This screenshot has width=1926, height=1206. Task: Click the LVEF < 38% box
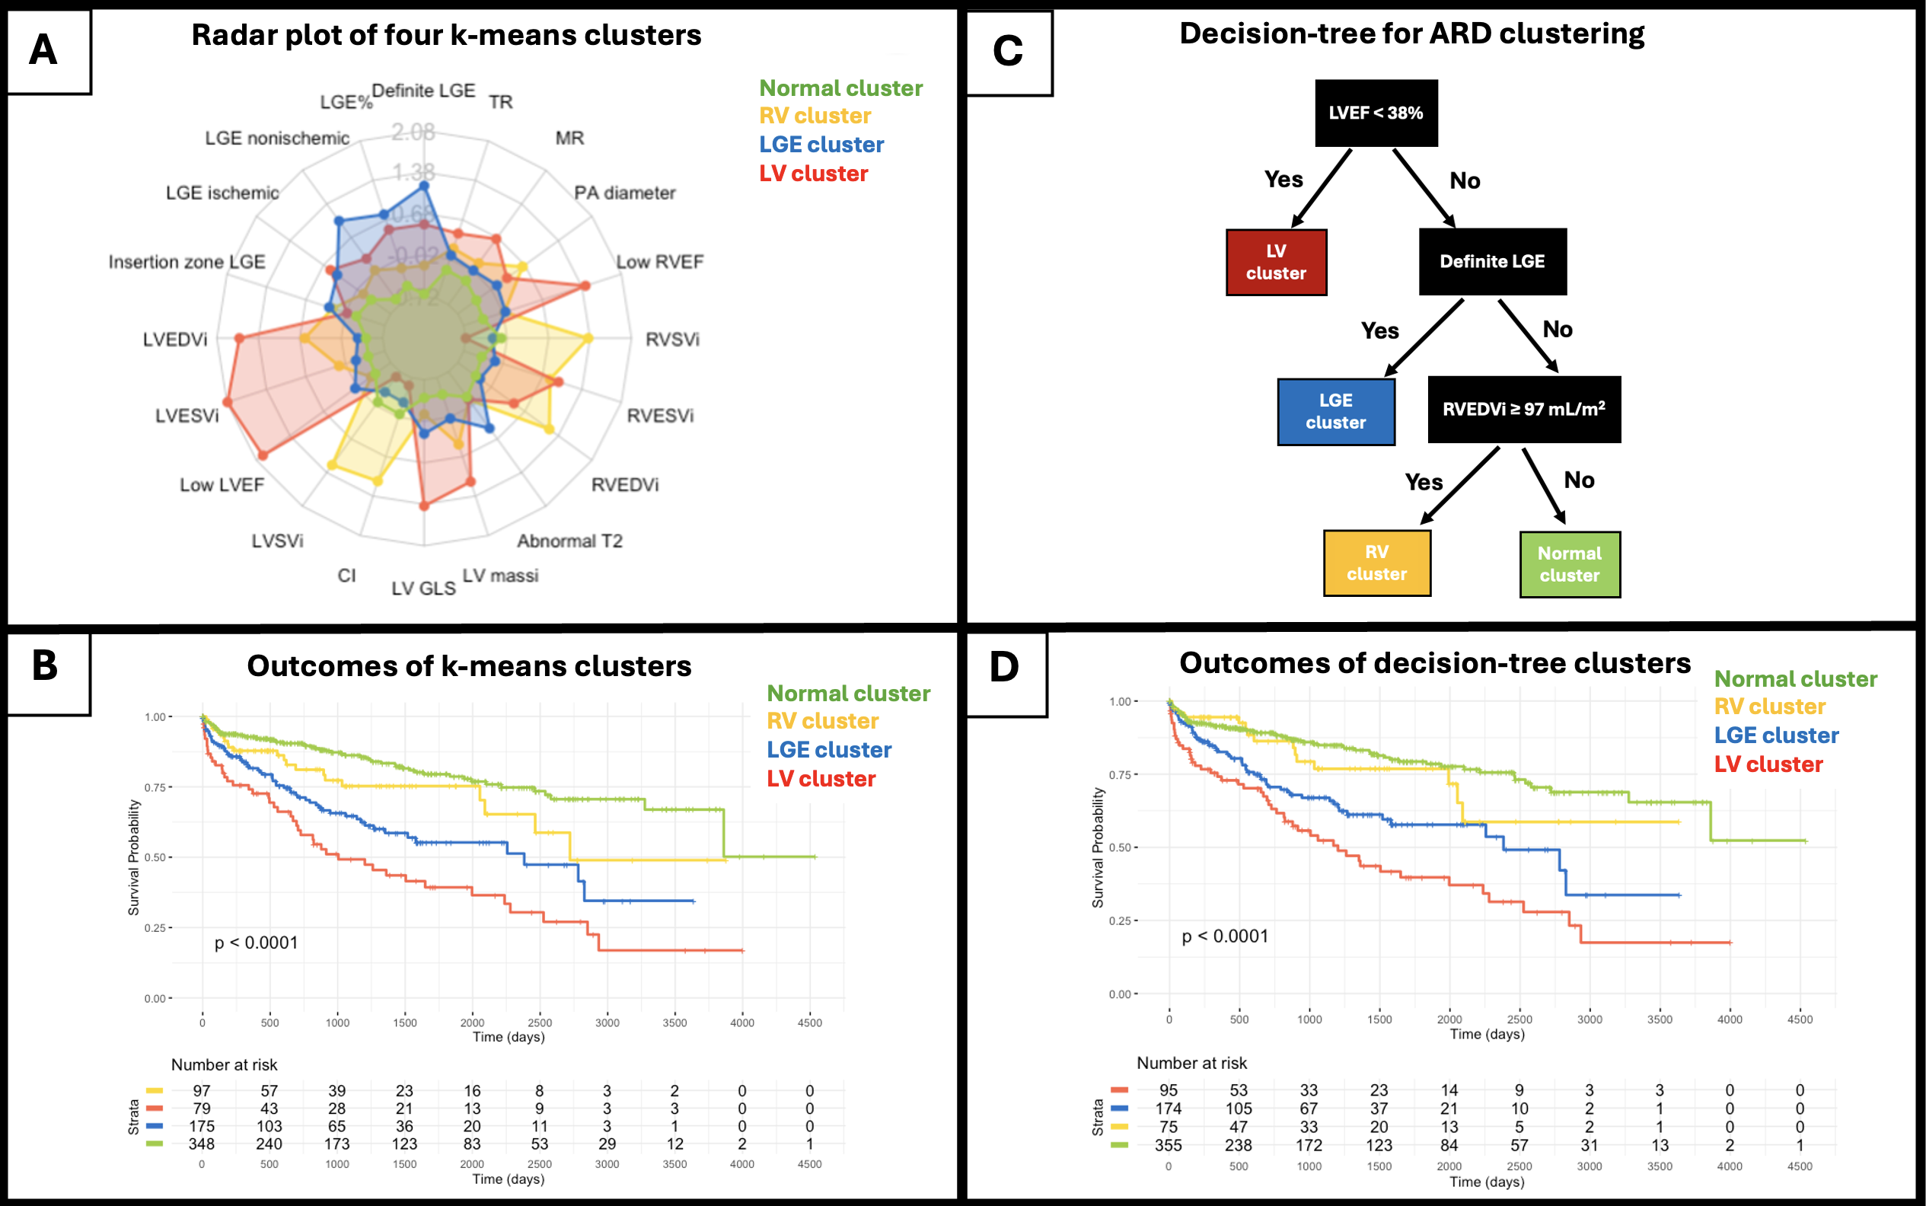(1376, 113)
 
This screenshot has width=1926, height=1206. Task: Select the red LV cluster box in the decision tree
(1276, 263)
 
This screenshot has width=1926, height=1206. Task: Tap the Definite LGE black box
(1492, 262)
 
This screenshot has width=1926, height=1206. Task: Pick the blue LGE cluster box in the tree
(1336, 412)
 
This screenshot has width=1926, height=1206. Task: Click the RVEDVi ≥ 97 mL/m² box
(1523, 409)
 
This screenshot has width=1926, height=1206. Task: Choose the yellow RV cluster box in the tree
(1376, 563)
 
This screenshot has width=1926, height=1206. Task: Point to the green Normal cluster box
(1570, 565)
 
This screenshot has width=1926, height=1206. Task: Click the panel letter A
(44, 50)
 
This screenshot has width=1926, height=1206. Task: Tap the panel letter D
(1004, 667)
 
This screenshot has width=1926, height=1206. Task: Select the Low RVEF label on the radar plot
(659, 263)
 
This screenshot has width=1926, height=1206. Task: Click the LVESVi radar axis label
(187, 416)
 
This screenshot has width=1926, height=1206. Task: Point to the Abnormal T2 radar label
(569, 541)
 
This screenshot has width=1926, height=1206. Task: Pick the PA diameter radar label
(624, 193)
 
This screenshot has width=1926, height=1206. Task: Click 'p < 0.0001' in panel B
(256, 943)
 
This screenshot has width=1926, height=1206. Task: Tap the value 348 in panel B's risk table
(201, 1144)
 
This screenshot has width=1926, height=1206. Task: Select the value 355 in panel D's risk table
(1169, 1145)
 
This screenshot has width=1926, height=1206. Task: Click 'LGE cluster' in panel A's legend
(821, 145)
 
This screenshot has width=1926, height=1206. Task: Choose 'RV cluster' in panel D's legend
(1770, 707)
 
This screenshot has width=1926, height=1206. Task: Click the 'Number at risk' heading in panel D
(1191, 1063)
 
